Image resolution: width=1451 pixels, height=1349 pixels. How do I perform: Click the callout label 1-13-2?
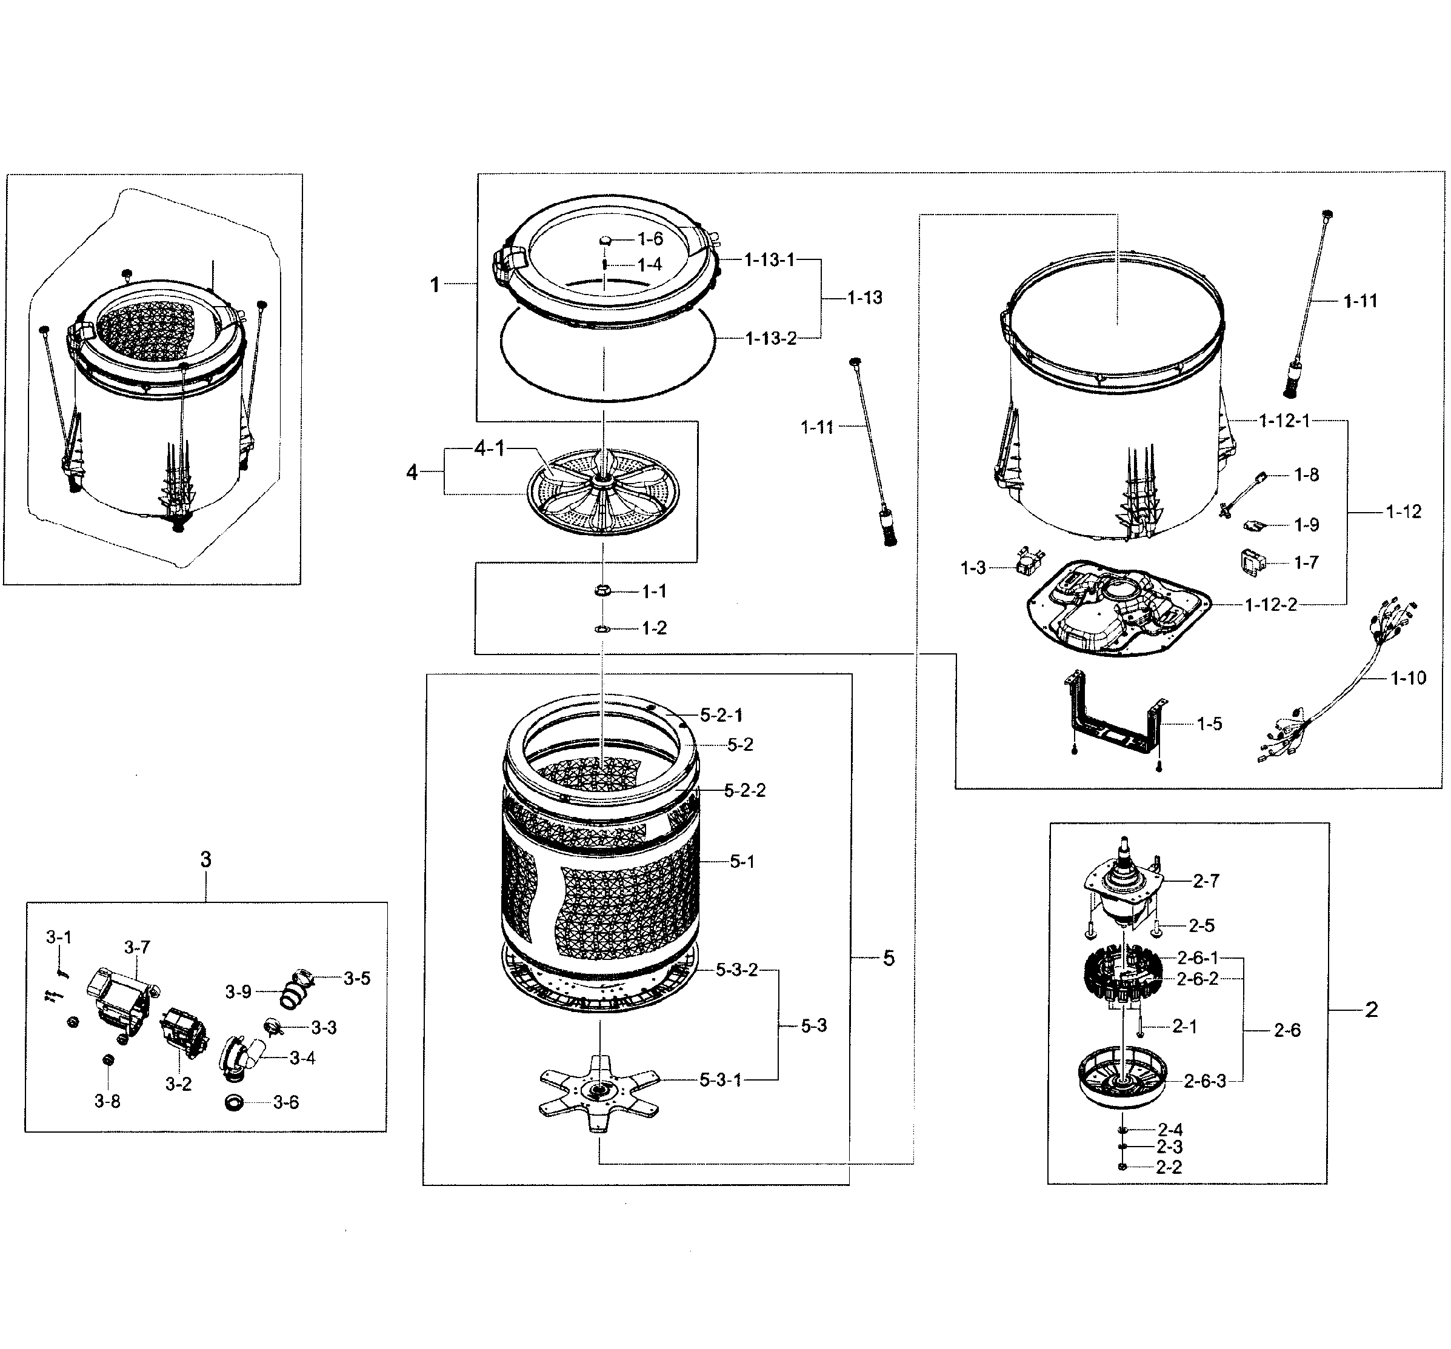click(771, 339)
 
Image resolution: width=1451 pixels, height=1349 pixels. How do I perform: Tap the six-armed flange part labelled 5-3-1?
click(598, 1090)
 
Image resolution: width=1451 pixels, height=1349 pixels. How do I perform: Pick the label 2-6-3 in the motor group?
click(1204, 1082)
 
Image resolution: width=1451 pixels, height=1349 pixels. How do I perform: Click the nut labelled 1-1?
click(602, 590)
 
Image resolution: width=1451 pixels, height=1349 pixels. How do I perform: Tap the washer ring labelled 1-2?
click(602, 628)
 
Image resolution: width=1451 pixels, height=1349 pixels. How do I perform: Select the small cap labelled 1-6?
click(606, 239)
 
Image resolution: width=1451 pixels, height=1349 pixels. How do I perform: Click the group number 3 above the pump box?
click(206, 860)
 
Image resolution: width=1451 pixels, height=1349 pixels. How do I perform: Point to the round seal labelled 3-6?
click(235, 1102)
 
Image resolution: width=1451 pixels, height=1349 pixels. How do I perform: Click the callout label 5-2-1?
click(721, 715)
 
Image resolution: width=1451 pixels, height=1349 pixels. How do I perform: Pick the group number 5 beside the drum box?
click(889, 959)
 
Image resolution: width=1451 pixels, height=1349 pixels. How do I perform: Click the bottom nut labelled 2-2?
click(1122, 1167)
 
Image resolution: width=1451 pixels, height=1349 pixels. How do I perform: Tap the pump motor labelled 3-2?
click(184, 1031)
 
